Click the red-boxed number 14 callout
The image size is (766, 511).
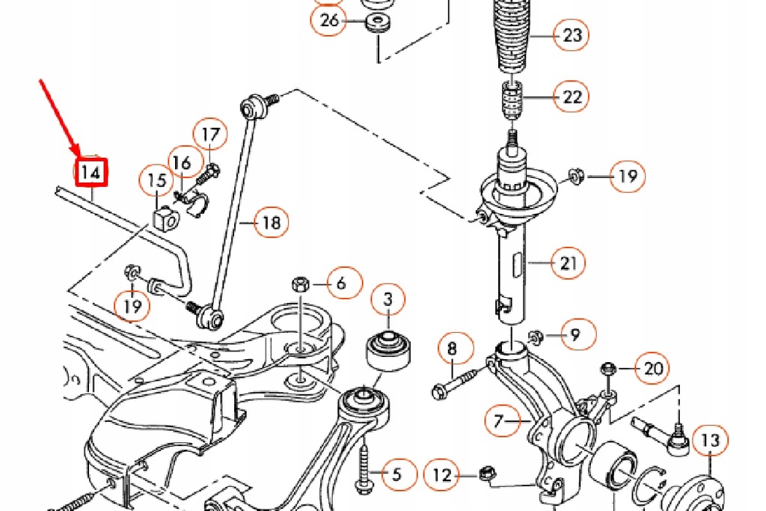(91, 172)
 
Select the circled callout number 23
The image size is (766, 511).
(572, 35)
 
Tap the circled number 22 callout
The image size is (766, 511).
(572, 97)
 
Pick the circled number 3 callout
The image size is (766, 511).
(387, 300)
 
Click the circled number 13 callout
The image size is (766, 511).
(709, 441)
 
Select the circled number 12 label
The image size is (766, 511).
(442, 474)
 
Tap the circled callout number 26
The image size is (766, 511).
(329, 20)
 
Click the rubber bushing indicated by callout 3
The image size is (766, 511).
(388, 349)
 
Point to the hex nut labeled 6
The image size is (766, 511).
(298, 284)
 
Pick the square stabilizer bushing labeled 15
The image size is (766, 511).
(165, 218)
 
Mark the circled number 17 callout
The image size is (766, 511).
(211, 135)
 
